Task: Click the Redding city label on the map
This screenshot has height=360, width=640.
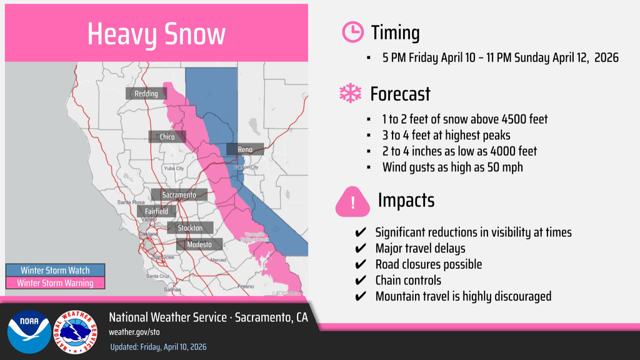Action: [146, 94]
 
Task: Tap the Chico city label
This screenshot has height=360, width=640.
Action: [167, 137]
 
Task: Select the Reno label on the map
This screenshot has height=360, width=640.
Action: [245, 149]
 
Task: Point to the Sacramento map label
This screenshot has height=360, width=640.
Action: [179, 195]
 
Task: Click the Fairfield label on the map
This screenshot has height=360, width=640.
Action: [156, 211]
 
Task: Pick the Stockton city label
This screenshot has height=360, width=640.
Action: [190, 228]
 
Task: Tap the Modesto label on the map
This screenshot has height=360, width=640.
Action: [199, 244]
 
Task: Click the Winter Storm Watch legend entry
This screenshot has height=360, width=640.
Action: [55, 271]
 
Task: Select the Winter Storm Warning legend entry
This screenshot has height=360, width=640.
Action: [55, 283]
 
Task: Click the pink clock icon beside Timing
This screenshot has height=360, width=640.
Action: [352, 32]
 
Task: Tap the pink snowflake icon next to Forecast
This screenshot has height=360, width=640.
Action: [351, 94]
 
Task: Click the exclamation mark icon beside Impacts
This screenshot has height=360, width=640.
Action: [352, 202]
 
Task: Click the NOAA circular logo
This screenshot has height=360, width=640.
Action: [29, 332]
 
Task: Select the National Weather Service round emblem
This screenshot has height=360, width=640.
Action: [76, 332]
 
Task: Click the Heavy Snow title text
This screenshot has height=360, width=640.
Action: [156, 34]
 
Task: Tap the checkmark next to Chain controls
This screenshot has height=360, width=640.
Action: [361, 281]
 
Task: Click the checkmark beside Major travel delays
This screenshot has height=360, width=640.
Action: [361, 248]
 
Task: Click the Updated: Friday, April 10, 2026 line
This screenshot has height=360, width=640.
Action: [158, 347]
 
